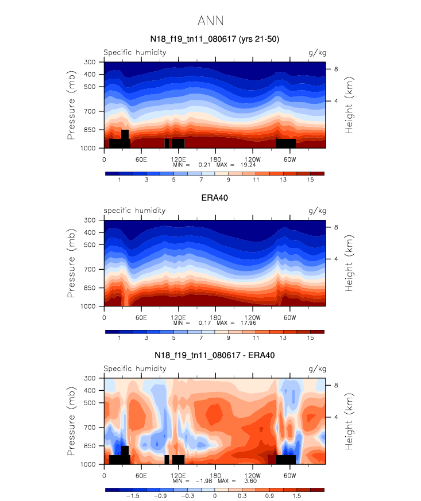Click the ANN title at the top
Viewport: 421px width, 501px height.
pyautogui.click(x=210, y=21)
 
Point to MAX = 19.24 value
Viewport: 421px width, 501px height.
pyautogui.click(x=248, y=164)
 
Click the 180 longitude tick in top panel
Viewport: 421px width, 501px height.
pyautogui.click(x=215, y=158)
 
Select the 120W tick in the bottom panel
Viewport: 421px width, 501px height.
pyautogui.click(x=253, y=475)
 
